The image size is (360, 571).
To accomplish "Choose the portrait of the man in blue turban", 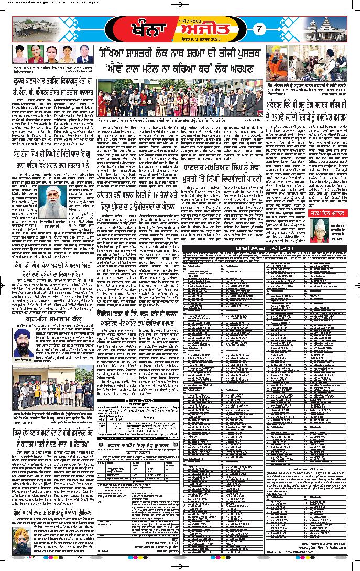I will (22, 341).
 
